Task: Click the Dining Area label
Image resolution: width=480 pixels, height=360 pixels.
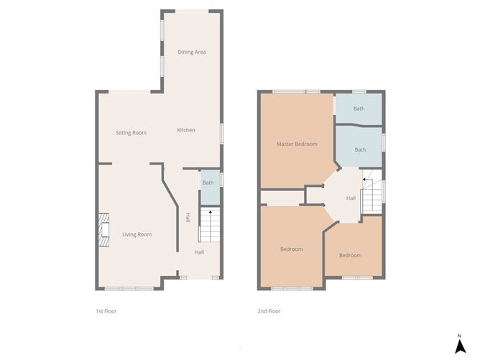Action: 192,52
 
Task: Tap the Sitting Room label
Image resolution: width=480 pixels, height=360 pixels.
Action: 131,133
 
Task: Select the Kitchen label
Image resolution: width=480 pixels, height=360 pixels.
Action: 186,130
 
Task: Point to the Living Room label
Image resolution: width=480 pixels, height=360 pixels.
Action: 137,234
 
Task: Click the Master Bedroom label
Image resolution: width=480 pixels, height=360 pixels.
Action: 297,144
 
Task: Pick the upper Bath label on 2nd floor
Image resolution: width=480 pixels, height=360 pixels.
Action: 359,109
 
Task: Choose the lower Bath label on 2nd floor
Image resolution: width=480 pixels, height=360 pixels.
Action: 360,149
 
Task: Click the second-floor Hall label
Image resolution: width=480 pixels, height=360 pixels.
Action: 351,198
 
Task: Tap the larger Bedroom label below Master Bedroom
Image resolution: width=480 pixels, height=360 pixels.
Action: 291,249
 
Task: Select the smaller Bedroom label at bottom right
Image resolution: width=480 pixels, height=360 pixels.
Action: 350,255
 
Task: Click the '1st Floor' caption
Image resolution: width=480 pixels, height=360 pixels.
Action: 106,311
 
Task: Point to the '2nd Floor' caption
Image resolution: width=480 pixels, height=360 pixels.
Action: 269,311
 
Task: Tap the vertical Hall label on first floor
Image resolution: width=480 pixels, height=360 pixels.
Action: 188,218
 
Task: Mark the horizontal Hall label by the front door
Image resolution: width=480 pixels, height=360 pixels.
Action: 199,252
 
